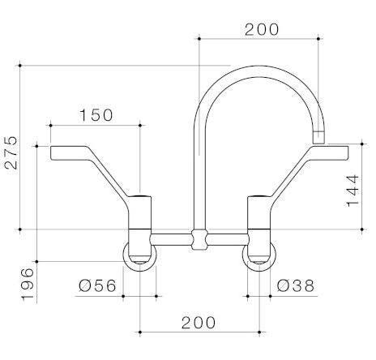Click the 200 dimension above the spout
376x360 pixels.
261,29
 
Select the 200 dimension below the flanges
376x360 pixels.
199,323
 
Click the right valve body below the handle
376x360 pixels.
259,219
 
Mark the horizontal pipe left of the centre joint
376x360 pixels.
172,239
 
